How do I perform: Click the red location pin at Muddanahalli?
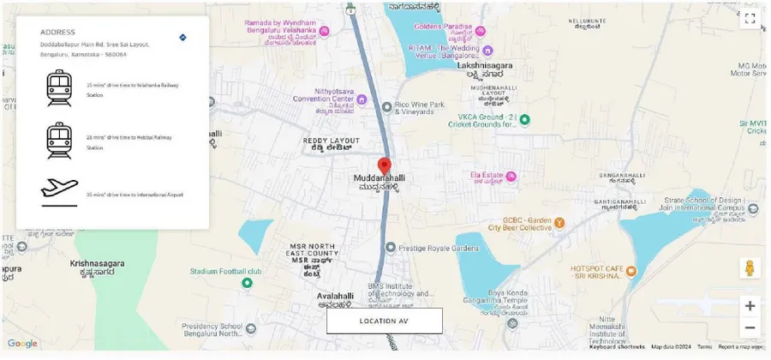tap(385, 165)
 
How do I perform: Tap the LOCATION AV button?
tap(384, 321)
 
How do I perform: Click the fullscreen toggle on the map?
tap(750, 18)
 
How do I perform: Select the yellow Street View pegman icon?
tap(750, 267)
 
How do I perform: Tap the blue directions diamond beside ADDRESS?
tap(182, 37)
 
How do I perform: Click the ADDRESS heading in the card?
tap(57, 33)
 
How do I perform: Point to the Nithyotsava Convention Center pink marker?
tap(362, 99)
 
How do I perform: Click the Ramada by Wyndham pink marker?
tap(325, 31)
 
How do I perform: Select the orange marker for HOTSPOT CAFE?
tap(631, 271)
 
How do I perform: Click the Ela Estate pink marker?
tap(511, 177)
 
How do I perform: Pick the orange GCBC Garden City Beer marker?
tap(559, 223)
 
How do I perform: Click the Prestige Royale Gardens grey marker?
tap(391, 248)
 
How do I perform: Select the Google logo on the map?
tap(22, 344)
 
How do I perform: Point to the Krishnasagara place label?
tap(98, 264)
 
